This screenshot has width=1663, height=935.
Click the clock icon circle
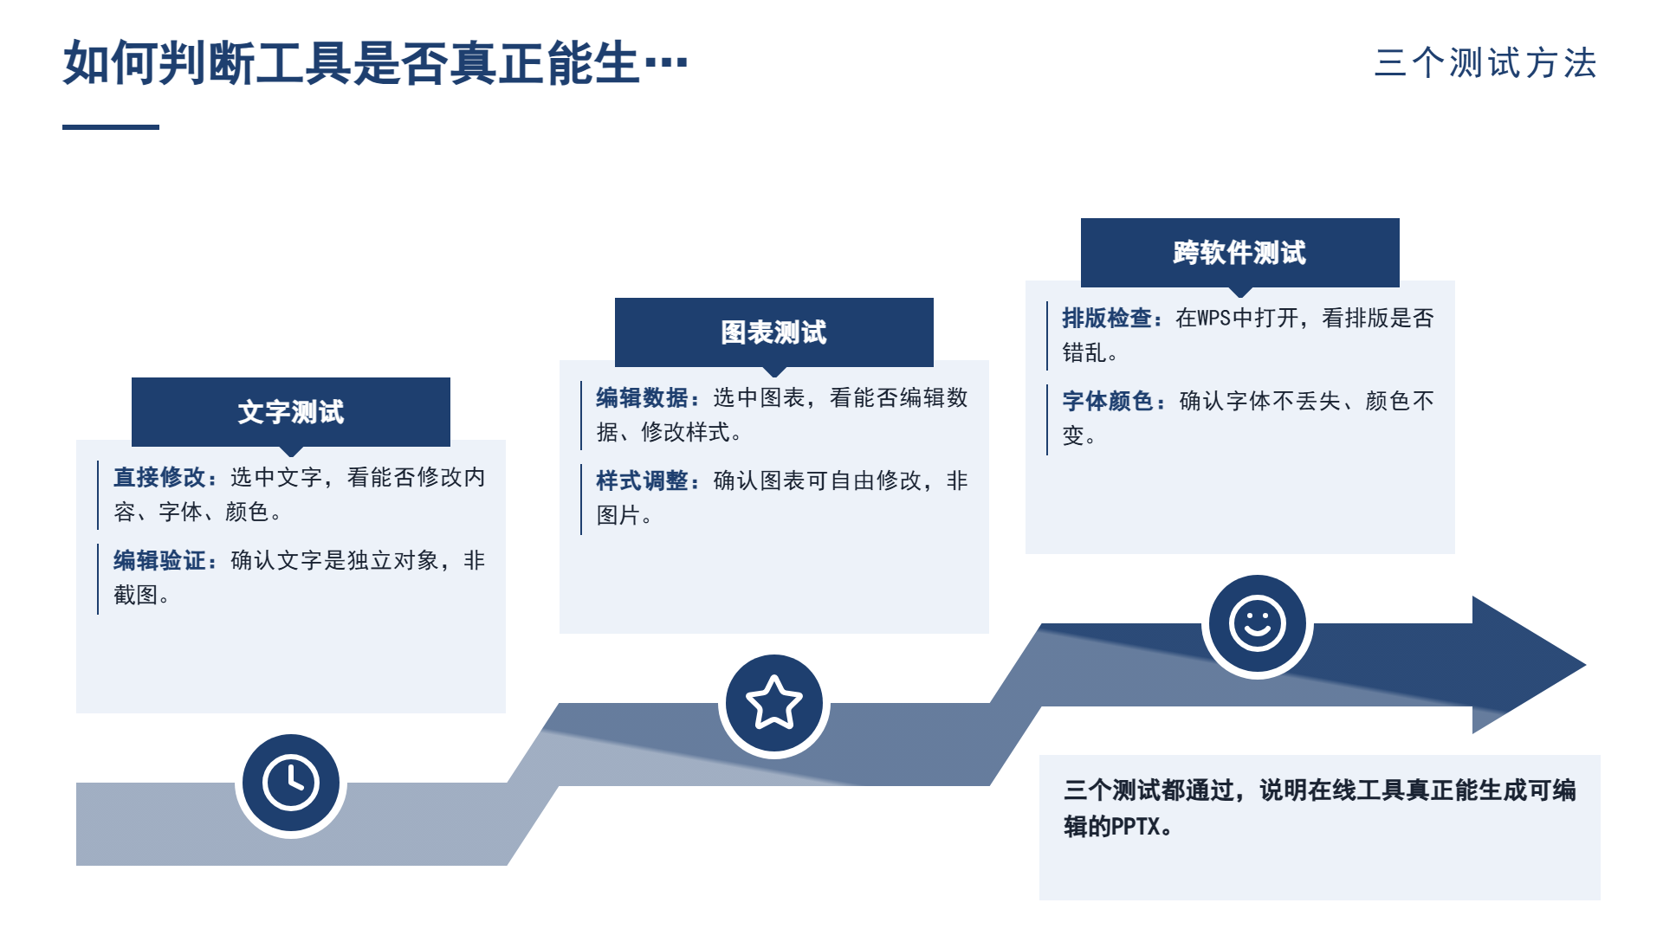tap(291, 783)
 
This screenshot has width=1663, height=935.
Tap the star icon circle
tap(774, 703)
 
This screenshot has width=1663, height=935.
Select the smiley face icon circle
tap(1258, 623)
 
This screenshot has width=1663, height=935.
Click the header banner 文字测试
tap(291, 412)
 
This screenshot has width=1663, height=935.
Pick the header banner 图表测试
tap(774, 332)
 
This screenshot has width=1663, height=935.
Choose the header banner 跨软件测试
tap(1240, 253)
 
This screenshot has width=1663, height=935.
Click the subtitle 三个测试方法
tap(1485, 63)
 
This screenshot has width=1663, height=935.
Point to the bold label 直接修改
tap(159, 478)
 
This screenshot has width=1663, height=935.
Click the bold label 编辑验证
tap(159, 561)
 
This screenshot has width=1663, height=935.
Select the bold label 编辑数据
tap(642, 398)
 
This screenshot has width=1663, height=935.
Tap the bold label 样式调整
tap(642, 481)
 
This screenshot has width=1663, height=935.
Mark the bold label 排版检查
tap(1108, 319)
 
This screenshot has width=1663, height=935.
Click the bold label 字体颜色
tap(1108, 402)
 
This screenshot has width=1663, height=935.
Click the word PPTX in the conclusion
tap(1136, 827)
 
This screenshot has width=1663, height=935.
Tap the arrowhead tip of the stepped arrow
tap(1585, 665)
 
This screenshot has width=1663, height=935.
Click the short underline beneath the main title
tap(111, 127)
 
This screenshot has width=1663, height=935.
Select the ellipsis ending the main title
tap(666, 63)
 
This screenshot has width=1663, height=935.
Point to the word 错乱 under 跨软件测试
tap(1084, 353)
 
